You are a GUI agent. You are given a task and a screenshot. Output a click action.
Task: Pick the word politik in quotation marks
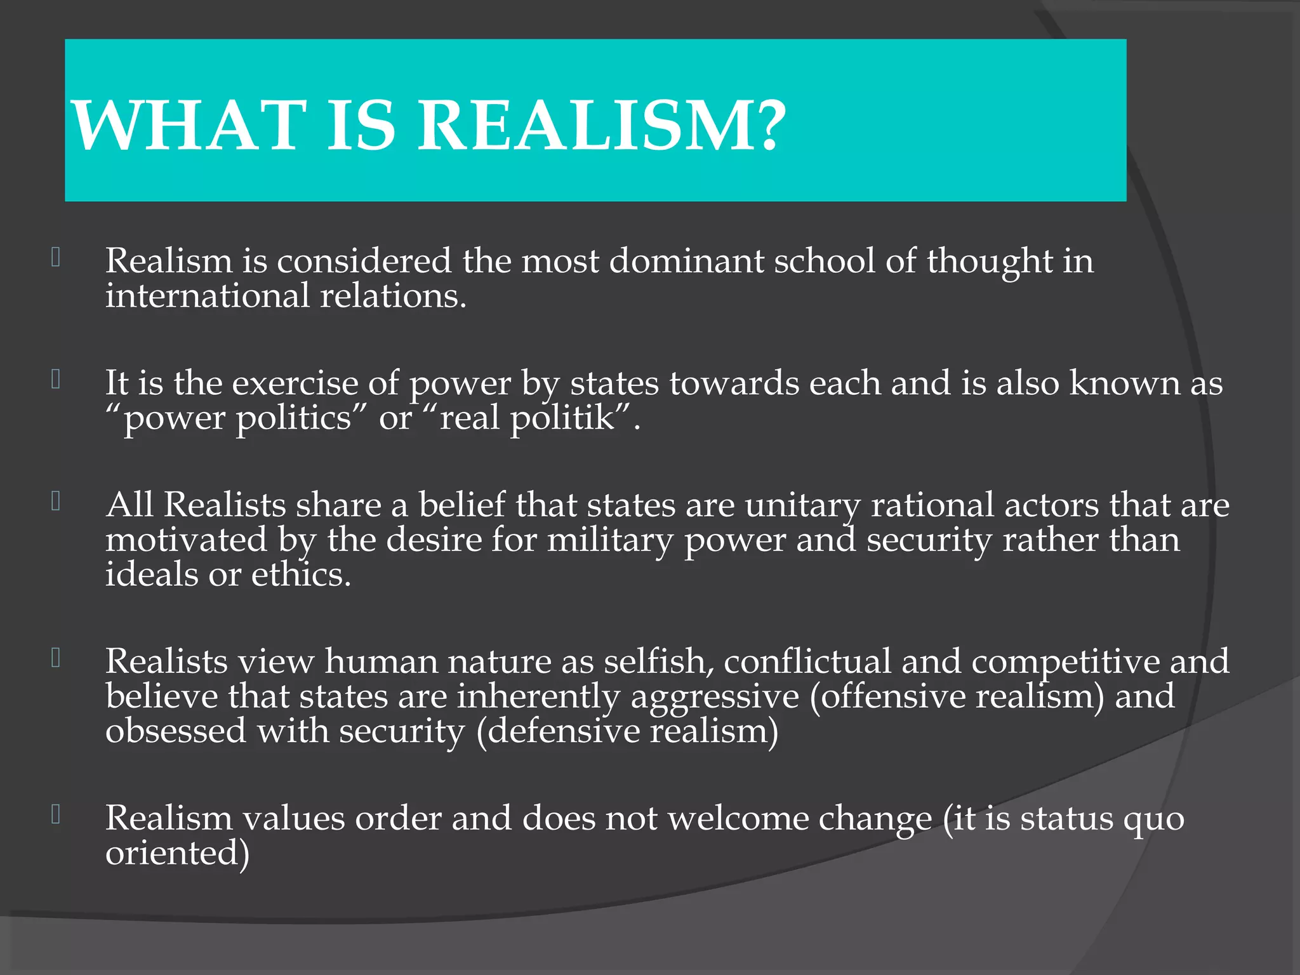click(562, 419)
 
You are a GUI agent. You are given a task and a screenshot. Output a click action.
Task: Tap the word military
click(610, 541)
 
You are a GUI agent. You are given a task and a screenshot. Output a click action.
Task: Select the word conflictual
click(807, 661)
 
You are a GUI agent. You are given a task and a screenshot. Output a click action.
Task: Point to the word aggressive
click(715, 698)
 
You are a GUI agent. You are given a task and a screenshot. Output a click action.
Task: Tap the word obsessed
click(176, 731)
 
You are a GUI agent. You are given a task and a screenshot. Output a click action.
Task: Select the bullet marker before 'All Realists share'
click(56, 501)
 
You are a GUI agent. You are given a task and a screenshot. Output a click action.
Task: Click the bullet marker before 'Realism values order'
click(56, 814)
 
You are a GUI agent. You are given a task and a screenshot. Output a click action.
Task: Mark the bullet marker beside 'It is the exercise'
click(56, 380)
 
